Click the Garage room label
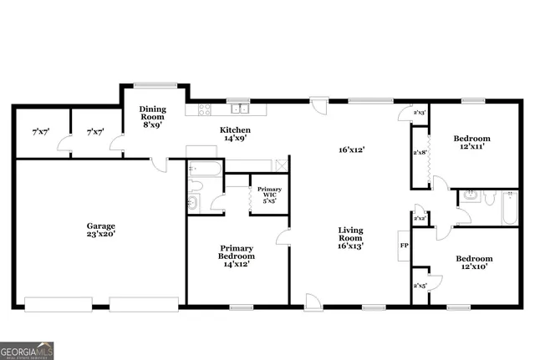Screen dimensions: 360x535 click(x=101, y=226)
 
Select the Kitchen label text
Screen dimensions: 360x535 click(x=235, y=130)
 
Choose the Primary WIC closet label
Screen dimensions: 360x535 click(x=268, y=193)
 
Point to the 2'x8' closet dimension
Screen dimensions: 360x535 click(x=420, y=151)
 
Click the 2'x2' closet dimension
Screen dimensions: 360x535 click(x=420, y=217)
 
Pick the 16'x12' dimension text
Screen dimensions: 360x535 click(x=351, y=150)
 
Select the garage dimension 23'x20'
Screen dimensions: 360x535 click(x=101, y=235)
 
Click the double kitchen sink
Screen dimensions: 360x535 click(x=240, y=109)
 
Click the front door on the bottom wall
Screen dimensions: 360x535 click(x=313, y=302)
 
